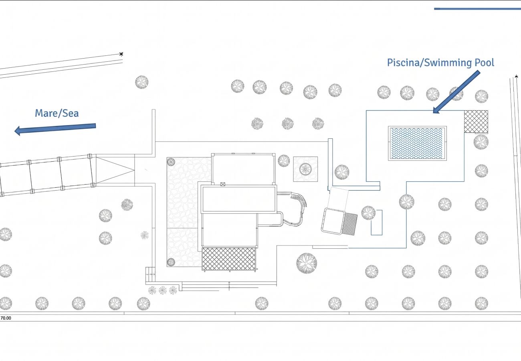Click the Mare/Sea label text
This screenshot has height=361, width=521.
click(57, 114)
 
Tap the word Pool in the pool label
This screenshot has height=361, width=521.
click(484, 63)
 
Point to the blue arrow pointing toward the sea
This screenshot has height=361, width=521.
click(55, 129)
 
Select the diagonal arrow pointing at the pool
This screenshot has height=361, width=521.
click(456, 92)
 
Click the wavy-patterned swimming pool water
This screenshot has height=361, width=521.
click(417, 143)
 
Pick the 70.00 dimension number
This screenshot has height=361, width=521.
click(6, 318)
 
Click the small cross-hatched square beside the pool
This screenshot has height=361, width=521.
click(476, 122)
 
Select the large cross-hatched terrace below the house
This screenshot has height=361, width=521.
click(228, 259)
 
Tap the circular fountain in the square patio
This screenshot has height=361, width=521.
click(305, 169)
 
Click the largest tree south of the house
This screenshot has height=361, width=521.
click(307, 263)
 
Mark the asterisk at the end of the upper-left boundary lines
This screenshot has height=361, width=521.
click(121, 54)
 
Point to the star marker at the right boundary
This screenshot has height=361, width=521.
click(516, 76)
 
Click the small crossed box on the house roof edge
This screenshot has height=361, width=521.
click(223, 185)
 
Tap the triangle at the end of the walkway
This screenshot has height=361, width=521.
click(115, 170)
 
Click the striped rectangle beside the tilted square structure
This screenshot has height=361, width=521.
click(350, 224)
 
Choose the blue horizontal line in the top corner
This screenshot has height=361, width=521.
click(477, 9)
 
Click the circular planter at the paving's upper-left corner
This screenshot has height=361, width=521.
click(171, 162)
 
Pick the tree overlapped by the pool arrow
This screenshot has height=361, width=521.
click(456, 94)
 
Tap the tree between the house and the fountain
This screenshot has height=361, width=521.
click(284, 160)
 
